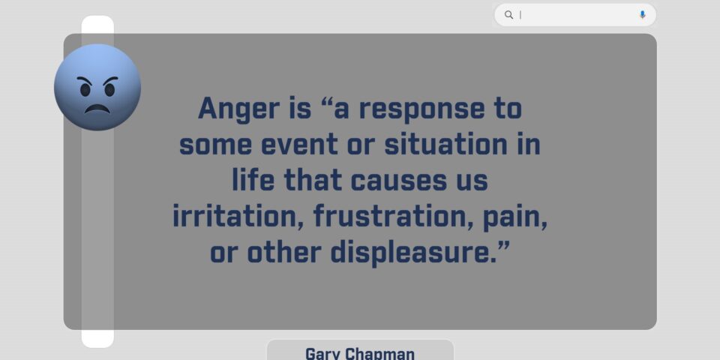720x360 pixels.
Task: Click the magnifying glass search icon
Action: click(508, 15)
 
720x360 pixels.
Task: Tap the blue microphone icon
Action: click(643, 15)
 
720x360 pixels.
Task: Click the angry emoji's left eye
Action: click(85, 90)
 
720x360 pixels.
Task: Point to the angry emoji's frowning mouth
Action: click(97, 109)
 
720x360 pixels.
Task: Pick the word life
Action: click(253, 179)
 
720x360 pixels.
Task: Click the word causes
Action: click(398, 181)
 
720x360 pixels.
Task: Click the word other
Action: click(284, 252)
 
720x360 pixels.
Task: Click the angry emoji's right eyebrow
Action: click(111, 80)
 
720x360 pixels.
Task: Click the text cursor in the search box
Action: click(520, 15)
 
